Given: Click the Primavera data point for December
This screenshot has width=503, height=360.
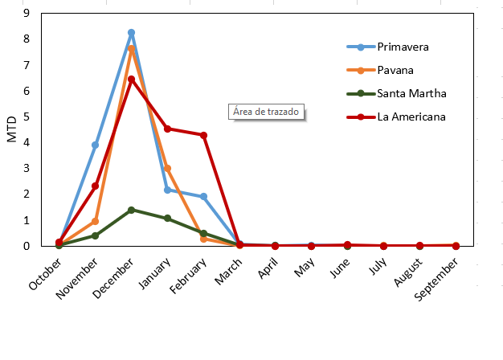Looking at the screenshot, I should point(131,33).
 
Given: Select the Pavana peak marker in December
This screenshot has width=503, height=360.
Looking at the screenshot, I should point(131,49).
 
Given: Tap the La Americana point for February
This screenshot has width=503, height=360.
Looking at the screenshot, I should point(203,135).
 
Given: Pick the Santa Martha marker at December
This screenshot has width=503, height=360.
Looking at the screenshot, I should point(131,210).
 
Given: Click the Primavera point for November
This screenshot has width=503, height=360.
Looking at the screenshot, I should point(95,145).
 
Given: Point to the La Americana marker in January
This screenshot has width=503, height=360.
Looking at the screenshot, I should point(167,129).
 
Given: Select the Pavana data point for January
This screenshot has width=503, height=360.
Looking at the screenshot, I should point(167,169).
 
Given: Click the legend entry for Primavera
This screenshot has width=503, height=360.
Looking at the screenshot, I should point(403,47).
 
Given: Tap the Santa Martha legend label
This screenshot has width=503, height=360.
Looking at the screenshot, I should point(411,93).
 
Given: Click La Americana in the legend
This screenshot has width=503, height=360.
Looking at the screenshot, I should point(411,117).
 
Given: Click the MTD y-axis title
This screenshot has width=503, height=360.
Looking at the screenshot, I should point(11,129).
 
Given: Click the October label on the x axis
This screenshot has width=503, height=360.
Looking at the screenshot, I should point(44,274).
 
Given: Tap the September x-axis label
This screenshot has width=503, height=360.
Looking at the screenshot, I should point(440,278).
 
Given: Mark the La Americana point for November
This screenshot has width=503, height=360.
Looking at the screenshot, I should point(95,186).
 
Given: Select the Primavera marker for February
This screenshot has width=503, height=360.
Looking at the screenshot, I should point(203,197).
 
